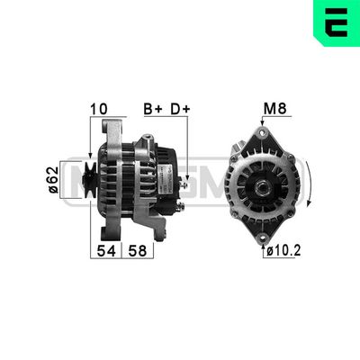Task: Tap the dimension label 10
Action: coord(99,110)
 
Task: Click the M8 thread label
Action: coord(274,110)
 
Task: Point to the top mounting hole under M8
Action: coord(262,134)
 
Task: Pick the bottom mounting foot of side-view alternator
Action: coord(159,232)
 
